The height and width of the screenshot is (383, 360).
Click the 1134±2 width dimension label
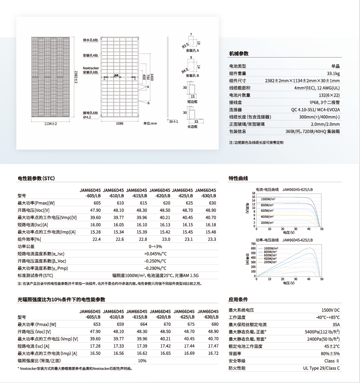pyautogui.click(x=50, y=123)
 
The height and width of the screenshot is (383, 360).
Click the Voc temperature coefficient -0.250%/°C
pyautogui.click(x=155, y=261)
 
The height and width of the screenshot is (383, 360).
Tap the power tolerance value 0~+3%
pyautogui.click(x=155, y=246)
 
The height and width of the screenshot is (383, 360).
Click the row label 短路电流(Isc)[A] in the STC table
pyautogui.click(x=33, y=224)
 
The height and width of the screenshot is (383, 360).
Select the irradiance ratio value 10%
pyautogui.click(x=142, y=360)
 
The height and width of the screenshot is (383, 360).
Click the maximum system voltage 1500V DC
pyautogui.click(x=331, y=310)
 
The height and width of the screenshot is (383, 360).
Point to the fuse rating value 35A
pyautogui.click(x=336, y=325)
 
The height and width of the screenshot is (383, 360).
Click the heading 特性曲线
pyautogui.click(x=239, y=178)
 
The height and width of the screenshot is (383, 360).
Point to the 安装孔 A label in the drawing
pyautogui.click(x=192, y=50)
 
